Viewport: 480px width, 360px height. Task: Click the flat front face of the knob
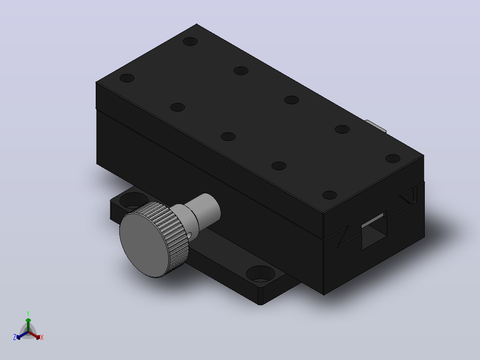click(144, 244)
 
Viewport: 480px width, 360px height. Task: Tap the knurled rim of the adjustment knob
click(176, 236)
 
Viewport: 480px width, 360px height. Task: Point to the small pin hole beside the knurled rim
click(190, 235)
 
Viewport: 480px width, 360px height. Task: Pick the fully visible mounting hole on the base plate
click(260, 274)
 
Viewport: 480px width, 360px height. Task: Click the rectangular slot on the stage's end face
click(374, 230)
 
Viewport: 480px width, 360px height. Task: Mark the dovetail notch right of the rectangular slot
click(409, 196)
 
